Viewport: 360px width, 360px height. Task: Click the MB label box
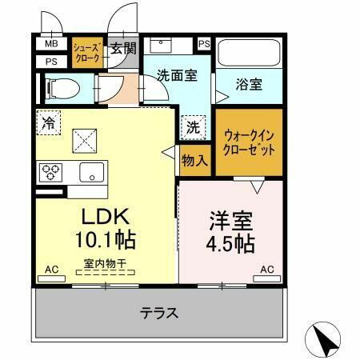click(x=50, y=44)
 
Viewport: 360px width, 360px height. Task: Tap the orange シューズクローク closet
click(x=86, y=53)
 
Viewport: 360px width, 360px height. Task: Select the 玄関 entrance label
click(x=124, y=47)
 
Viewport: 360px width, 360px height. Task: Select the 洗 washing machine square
click(x=194, y=126)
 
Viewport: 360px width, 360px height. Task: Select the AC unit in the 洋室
click(x=267, y=278)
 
